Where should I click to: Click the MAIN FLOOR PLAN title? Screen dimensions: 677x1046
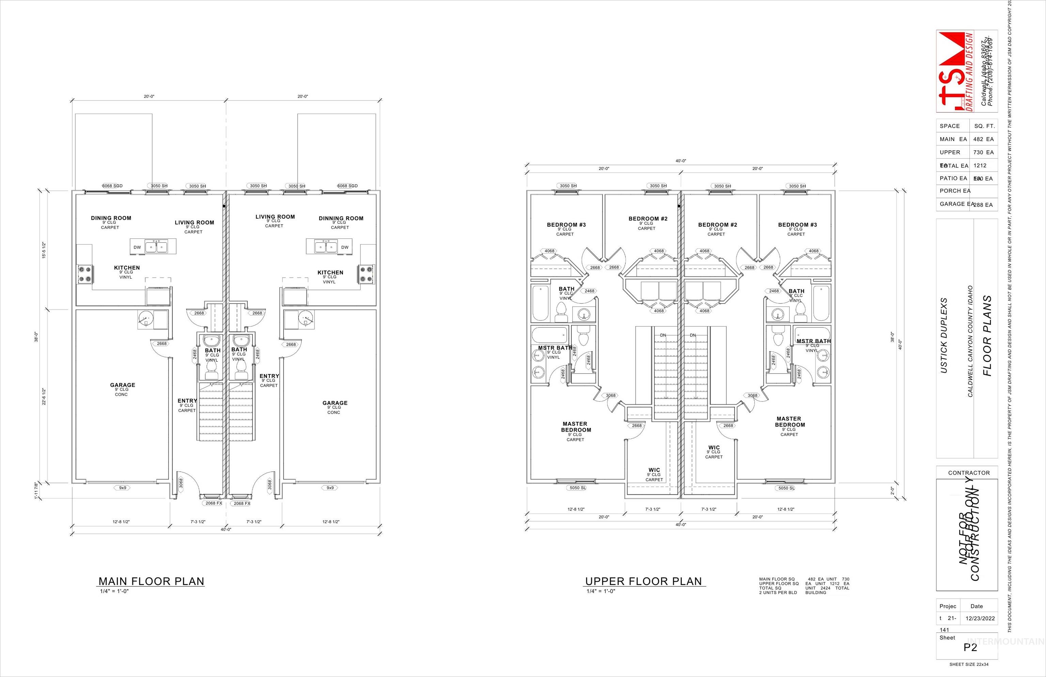click(151, 581)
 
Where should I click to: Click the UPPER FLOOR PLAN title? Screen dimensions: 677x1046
click(644, 581)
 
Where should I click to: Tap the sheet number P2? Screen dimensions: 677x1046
click(970, 647)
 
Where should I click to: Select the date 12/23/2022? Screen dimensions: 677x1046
click(980, 618)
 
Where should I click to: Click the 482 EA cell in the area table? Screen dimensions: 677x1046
click(983, 139)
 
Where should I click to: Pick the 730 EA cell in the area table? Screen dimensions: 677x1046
click(983, 152)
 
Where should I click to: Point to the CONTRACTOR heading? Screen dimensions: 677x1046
click(969, 473)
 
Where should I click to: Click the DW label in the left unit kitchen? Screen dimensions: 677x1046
click(137, 247)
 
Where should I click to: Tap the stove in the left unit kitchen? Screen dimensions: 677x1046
click(85, 274)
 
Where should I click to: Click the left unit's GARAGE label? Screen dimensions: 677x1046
click(123, 385)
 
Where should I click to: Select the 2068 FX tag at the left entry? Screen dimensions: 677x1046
click(213, 503)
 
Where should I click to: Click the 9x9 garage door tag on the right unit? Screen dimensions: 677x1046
click(330, 488)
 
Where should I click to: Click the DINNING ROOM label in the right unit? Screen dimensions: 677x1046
click(341, 218)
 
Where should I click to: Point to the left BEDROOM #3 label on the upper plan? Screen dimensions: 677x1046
click(566, 225)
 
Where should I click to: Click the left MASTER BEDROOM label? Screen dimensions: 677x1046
click(575, 427)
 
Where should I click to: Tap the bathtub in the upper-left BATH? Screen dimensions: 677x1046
click(540, 303)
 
